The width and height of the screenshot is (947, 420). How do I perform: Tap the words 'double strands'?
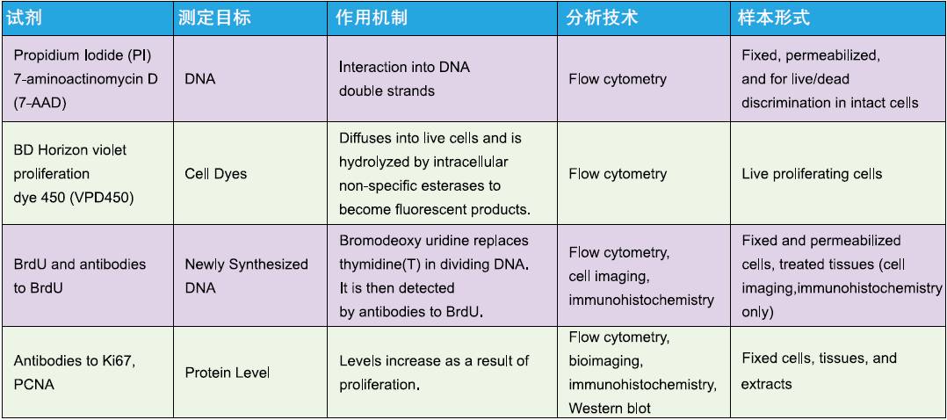387,91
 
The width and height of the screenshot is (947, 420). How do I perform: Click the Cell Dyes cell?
215,174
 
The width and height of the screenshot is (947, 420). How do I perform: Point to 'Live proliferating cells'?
812,174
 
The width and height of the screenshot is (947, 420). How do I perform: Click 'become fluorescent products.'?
435,209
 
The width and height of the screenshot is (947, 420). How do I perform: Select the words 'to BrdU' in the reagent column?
38,287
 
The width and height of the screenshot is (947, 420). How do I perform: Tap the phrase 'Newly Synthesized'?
246,264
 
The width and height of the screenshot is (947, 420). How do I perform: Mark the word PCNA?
33,384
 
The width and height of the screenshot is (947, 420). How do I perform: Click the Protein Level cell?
227,373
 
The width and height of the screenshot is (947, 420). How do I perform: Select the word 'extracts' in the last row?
766,384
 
